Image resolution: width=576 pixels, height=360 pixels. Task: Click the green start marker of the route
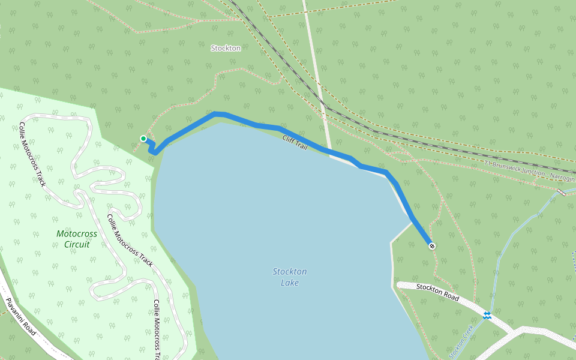point(143,139)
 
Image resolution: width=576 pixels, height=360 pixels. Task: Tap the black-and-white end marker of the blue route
point(431,245)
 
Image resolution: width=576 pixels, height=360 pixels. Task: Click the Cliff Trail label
point(295,142)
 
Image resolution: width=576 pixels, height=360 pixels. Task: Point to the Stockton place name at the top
point(226,48)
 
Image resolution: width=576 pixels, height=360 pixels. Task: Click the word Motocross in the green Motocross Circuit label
point(77,233)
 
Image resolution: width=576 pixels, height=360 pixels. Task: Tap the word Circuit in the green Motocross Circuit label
point(77,244)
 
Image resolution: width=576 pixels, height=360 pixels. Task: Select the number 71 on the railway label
point(488,163)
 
